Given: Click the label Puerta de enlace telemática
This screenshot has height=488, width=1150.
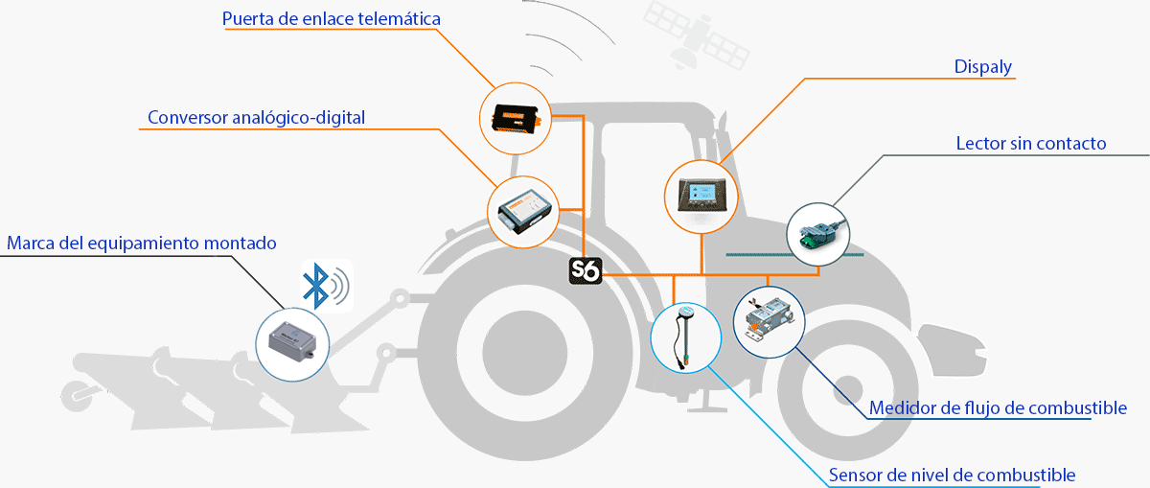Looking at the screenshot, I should coord(332,19).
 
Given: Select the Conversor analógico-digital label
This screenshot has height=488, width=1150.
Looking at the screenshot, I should coord(256,118).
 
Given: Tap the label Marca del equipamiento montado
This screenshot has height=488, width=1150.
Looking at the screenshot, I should coord(141,243).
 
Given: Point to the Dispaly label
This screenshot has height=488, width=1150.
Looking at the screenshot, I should coord(983,67).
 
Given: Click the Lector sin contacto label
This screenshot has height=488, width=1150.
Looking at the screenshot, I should coord(1031,144).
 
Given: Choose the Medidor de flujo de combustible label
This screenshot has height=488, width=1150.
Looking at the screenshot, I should coord(998,408).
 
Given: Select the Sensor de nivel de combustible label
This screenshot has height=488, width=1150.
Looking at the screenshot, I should coord(952,475).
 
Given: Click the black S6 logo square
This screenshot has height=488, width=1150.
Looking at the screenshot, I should coord(585,271).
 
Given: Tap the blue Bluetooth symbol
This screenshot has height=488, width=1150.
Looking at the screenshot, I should coord(313,285).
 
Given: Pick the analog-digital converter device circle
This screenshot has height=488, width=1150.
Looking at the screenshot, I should coord(523,211).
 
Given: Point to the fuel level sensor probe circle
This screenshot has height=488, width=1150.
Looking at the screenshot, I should coord(685,337).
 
